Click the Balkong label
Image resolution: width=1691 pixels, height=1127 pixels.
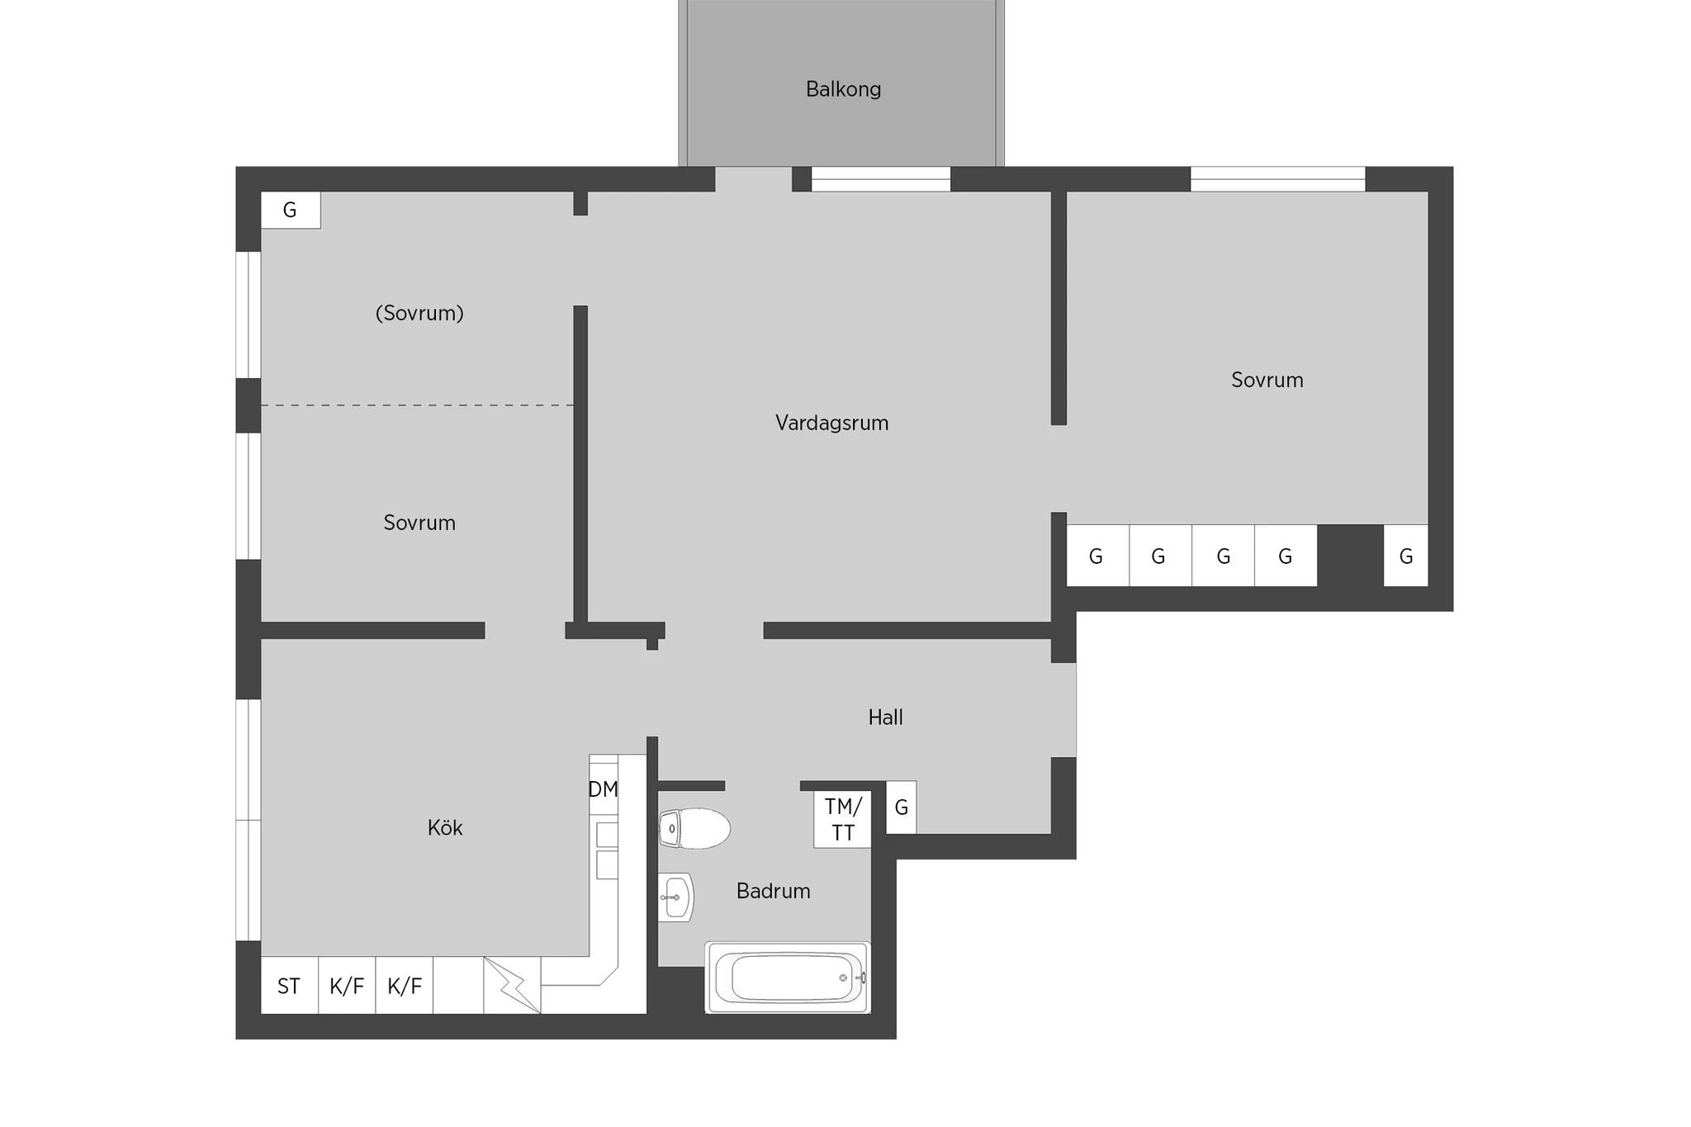tap(843, 89)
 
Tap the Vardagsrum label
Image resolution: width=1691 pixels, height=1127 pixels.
tap(831, 424)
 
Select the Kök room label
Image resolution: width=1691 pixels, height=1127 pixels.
tap(445, 827)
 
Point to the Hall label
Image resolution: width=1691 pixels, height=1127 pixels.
tap(885, 717)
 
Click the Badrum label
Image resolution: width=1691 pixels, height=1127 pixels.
tap(773, 891)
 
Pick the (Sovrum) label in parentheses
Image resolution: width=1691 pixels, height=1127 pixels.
tap(419, 314)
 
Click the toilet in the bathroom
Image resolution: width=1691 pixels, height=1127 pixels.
tap(694, 828)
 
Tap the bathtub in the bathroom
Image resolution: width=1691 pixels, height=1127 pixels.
tap(788, 978)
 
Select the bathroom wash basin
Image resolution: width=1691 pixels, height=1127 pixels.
tap(676, 897)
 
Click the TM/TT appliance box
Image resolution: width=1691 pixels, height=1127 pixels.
tap(842, 819)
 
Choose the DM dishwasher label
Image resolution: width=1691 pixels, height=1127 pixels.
tap(603, 789)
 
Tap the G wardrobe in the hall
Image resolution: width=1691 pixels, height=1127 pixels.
tap(901, 807)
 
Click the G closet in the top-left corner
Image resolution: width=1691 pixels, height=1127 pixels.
tap(291, 210)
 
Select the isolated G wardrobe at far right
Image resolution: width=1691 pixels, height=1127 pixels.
tap(1405, 556)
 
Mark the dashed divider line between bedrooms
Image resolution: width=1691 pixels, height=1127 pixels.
tap(418, 405)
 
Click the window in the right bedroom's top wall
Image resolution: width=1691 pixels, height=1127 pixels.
tap(1277, 179)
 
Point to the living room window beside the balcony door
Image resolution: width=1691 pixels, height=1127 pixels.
tap(881, 179)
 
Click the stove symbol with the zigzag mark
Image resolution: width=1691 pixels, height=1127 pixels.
tap(512, 985)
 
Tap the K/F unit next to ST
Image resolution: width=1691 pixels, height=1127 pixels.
tap(347, 985)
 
